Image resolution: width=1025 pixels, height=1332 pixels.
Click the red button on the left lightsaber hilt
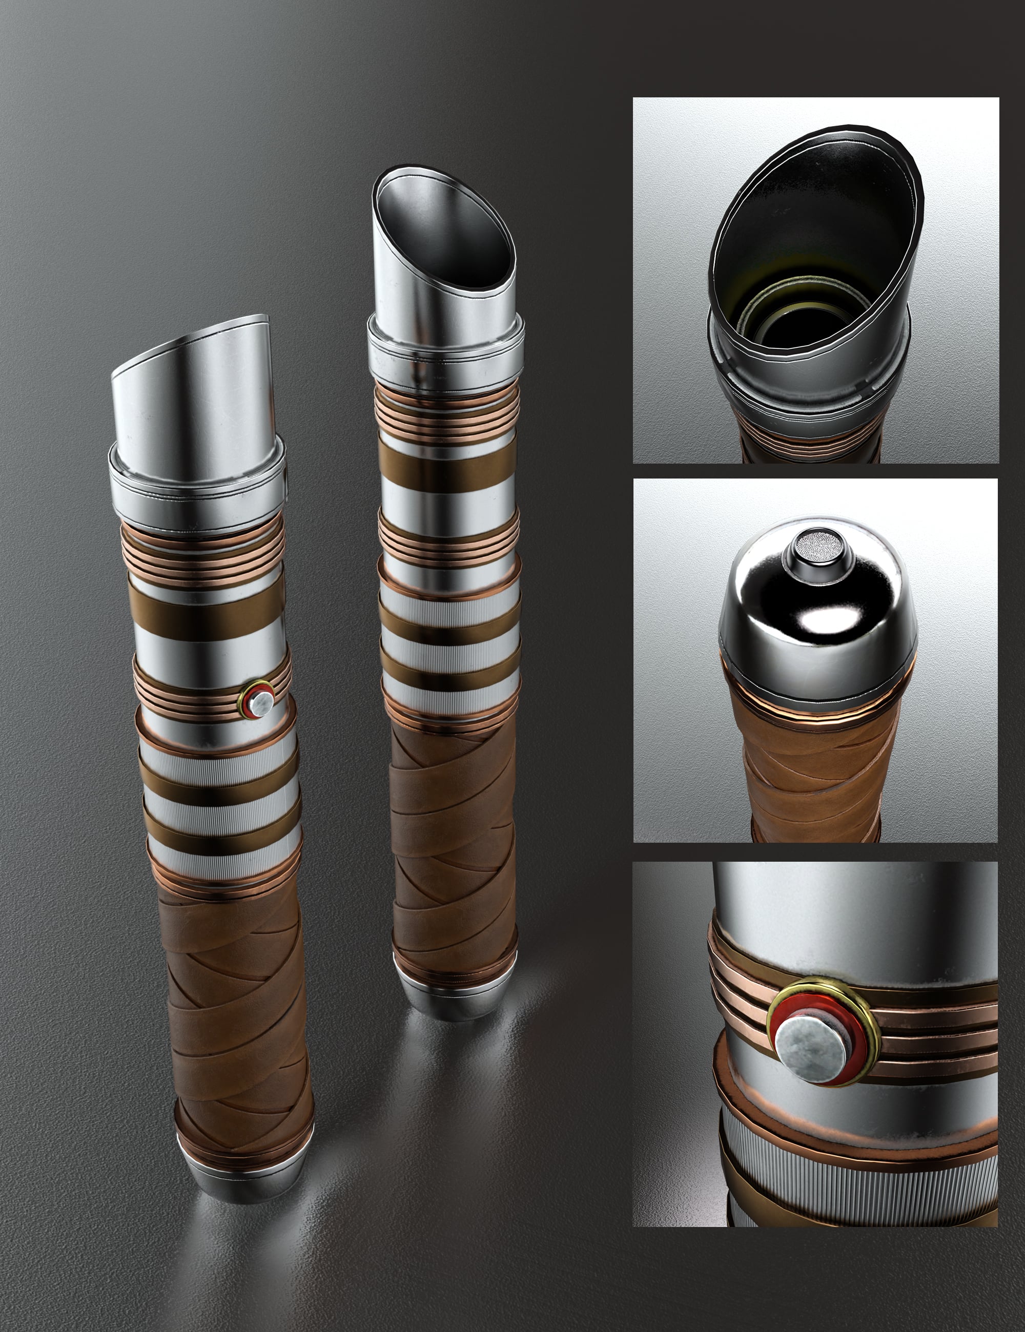click(x=260, y=702)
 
